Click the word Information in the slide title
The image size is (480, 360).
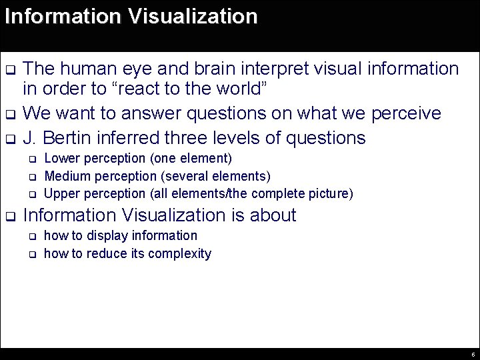(61, 16)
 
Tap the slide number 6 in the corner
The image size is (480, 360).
(472, 355)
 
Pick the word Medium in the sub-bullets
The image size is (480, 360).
(65, 177)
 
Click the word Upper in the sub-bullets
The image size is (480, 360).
(59, 194)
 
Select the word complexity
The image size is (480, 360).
(180, 253)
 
